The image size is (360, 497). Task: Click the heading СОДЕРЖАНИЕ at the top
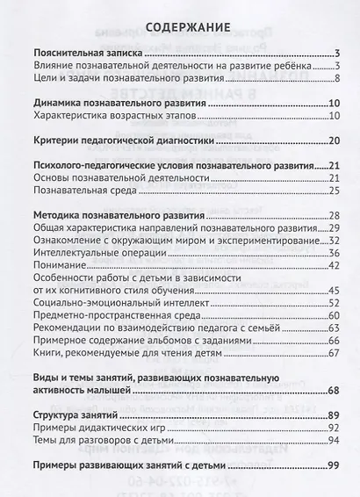pos(180,25)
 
